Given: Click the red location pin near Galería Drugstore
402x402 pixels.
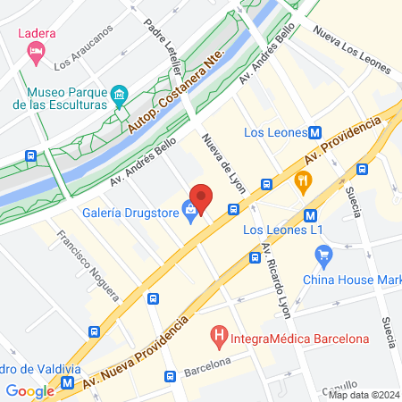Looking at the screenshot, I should coord(201,197).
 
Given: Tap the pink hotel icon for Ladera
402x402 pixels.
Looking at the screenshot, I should coord(36,54).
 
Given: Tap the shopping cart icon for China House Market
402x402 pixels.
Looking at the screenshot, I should coord(322,257).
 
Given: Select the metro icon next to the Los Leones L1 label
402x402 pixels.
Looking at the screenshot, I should coord(310,215).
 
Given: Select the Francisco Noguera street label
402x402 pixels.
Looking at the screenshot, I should coord(88,264).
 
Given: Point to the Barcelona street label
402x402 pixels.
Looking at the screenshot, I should coord(207,367).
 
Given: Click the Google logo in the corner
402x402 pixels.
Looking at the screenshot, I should coord(30,390).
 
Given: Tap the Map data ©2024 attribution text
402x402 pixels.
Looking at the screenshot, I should coord(362,395).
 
